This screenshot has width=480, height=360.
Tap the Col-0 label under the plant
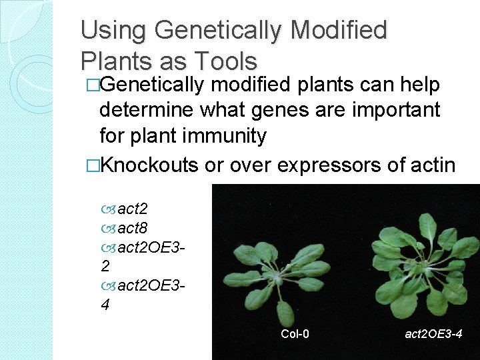(294, 333)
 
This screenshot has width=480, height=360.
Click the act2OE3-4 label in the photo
(433, 333)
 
